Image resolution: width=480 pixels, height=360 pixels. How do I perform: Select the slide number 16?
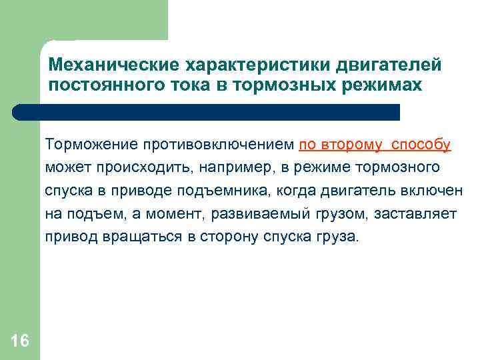(20, 341)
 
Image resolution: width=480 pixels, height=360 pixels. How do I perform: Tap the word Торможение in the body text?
(87, 145)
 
